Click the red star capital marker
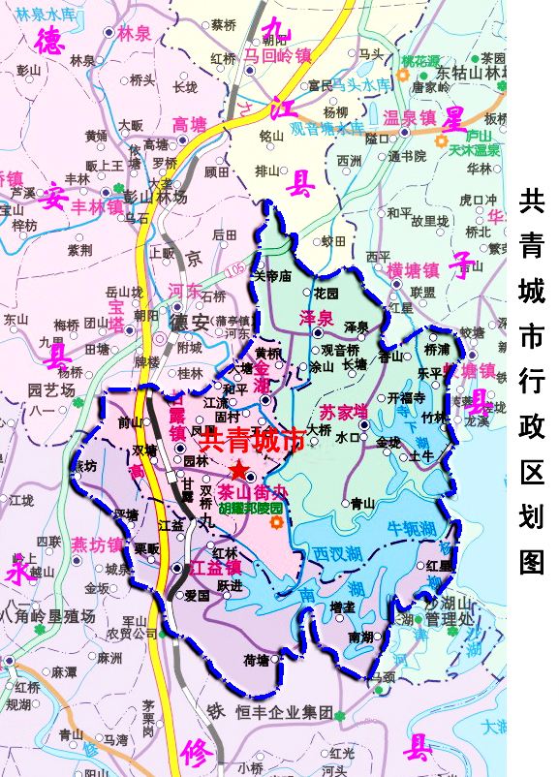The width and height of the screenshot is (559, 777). click(238, 469)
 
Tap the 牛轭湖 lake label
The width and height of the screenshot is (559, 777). click(412, 528)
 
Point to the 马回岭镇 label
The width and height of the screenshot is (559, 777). click(277, 55)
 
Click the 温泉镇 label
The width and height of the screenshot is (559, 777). click(409, 118)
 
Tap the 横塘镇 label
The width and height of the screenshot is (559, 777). click(414, 269)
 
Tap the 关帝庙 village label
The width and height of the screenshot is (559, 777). click(272, 276)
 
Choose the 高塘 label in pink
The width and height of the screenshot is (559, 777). click(189, 124)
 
